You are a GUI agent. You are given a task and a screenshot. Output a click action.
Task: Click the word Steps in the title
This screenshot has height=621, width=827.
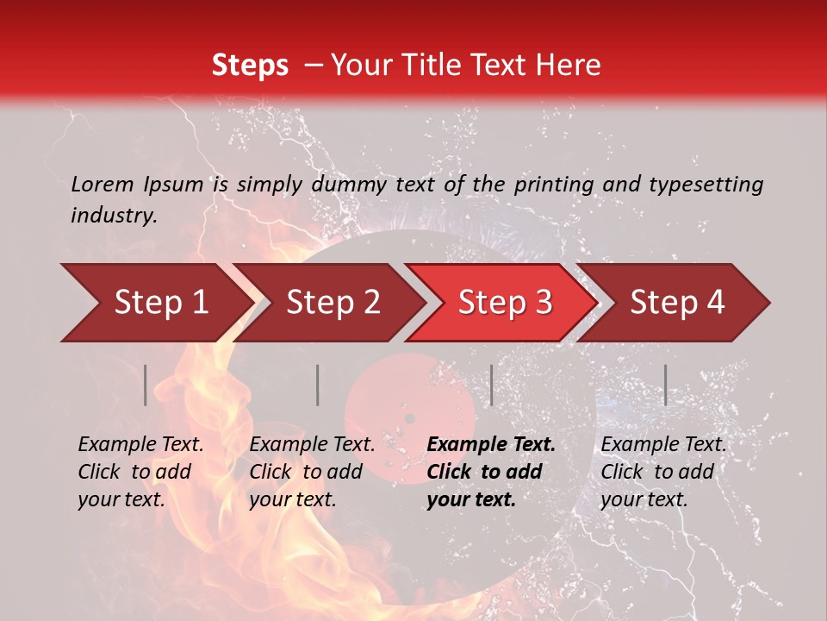pos(250,66)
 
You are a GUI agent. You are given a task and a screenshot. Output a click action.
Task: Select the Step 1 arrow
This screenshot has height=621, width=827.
pos(155,303)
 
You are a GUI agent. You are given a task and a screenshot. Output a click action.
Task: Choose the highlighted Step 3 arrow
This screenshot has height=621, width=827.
pos(504,303)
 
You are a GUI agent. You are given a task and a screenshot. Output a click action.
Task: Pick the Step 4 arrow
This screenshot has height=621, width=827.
pos(676,303)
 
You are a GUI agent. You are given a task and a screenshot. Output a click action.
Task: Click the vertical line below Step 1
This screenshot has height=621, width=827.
pos(146,385)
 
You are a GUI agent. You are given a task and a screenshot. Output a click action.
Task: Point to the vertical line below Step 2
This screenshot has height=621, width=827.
pos(318,385)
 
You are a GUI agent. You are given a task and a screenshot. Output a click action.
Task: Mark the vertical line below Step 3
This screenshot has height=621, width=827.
pos(491,385)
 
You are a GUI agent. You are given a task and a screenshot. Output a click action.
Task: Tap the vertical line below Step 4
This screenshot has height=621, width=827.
pos(665,385)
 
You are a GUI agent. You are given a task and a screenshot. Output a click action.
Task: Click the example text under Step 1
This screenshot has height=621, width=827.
pos(140,472)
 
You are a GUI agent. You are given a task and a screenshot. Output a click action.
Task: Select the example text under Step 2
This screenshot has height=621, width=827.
pos(312,472)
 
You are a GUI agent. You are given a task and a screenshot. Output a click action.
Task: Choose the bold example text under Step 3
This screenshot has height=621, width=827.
pos(491,472)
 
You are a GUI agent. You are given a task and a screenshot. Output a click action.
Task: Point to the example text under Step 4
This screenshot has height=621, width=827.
pos(663,472)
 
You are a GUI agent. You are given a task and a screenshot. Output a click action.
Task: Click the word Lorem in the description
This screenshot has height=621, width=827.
pos(103,184)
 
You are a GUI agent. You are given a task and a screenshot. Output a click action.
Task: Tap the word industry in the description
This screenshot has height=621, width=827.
pos(114,216)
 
